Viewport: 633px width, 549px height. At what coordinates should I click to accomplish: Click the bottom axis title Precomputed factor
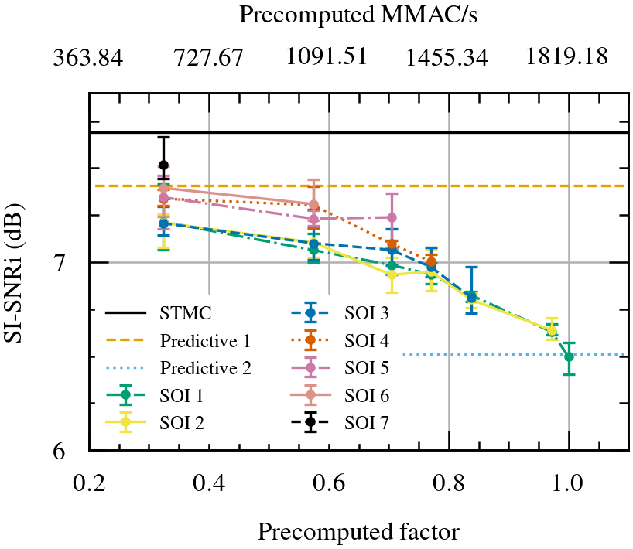tap(359, 532)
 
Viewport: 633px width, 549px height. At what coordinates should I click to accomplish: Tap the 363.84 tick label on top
tap(88, 57)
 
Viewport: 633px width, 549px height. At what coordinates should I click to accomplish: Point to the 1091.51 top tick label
tap(327, 57)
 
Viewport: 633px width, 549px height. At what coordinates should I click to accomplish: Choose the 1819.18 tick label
tap(567, 57)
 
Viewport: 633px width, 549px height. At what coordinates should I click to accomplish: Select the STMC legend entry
tap(186, 314)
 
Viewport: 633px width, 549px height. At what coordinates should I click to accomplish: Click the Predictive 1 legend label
tap(205, 341)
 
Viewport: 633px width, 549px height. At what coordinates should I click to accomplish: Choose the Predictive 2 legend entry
tap(205, 368)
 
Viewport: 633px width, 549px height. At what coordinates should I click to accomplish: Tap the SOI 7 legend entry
tap(367, 422)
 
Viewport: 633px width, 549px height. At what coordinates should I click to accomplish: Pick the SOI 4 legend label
tap(367, 341)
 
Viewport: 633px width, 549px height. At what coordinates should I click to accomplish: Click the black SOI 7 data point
tap(163, 165)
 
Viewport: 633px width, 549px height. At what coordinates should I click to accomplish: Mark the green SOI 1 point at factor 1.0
tap(569, 356)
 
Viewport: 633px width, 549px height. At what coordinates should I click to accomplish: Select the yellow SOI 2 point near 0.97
tap(552, 330)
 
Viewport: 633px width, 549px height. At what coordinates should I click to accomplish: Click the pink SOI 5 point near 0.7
tap(392, 217)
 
